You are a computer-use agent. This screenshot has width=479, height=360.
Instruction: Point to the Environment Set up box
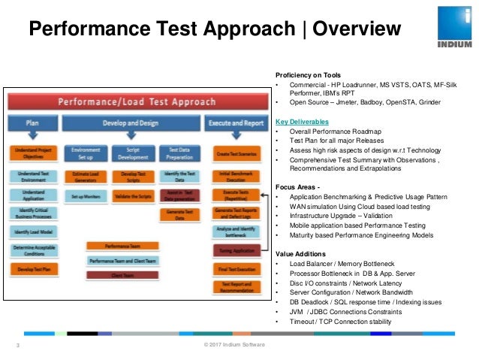85,154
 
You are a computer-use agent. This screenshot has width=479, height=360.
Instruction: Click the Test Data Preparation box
179,154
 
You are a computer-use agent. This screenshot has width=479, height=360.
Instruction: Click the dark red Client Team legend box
122,275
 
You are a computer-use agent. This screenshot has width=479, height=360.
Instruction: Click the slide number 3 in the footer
18,345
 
